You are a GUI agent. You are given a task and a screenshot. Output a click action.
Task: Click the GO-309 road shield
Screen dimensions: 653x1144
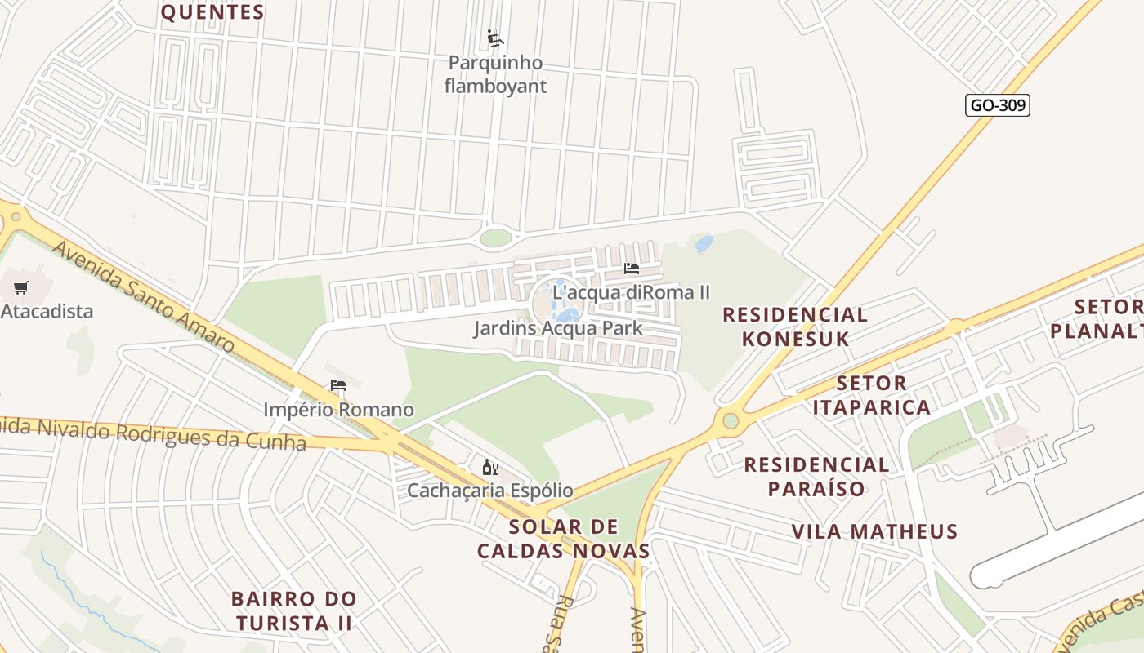[997, 105]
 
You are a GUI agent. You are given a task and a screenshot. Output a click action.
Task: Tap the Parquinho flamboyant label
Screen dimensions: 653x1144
[495, 74]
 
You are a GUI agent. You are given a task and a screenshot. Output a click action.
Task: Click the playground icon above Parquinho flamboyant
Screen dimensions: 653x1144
[495, 38]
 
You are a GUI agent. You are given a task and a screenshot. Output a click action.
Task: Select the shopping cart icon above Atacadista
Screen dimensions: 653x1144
[21, 287]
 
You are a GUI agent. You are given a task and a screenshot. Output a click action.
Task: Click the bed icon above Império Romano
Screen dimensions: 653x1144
[338, 385]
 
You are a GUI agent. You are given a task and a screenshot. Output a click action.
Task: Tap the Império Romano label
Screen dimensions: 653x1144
[338, 410]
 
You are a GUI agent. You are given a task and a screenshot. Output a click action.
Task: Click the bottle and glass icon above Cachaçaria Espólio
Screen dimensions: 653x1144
[490, 468]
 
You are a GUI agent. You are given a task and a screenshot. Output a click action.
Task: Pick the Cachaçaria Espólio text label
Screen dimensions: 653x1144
[490, 491]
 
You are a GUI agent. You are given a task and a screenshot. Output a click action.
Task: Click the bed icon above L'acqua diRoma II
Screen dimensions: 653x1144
[631, 268]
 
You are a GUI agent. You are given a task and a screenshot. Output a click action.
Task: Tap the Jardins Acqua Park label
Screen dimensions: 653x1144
[558, 328]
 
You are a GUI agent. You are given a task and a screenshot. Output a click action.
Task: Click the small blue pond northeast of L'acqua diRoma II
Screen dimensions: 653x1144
[704, 243]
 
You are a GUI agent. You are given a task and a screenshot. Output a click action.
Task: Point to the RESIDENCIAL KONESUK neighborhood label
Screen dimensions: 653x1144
[795, 326]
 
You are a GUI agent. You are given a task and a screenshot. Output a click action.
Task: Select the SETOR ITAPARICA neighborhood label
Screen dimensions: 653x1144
[871, 395]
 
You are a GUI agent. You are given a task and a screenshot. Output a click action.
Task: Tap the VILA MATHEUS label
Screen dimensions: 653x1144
[874, 531]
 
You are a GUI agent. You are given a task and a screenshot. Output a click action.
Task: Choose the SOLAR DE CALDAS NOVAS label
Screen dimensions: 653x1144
[564, 538]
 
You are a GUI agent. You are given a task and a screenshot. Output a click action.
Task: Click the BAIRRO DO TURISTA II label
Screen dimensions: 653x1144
[294, 611]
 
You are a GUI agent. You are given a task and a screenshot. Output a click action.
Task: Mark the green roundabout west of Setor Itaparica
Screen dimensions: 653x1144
[731, 421]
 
